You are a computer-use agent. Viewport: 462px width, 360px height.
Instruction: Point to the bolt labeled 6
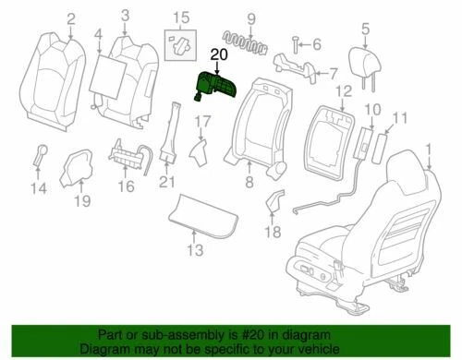[x=294, y=42]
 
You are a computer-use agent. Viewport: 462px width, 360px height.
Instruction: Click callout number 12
[x=343, y=90]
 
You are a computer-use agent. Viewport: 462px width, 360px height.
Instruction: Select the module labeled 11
[x=387, y=143]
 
